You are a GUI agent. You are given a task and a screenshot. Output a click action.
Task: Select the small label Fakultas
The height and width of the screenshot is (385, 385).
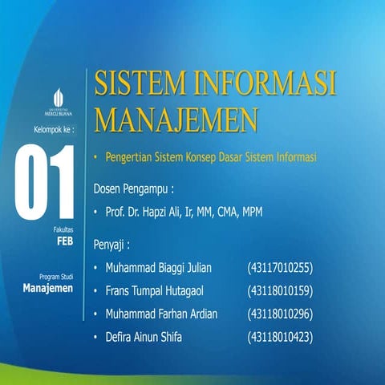click(63, 228)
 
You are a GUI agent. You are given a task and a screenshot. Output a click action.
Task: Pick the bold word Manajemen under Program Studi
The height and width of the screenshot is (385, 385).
click(49, 287)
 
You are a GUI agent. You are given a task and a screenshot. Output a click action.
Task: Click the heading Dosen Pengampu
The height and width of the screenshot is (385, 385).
click(134, 191)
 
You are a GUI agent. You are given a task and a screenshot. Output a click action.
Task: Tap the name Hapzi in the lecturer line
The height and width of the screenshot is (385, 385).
click(172, 212)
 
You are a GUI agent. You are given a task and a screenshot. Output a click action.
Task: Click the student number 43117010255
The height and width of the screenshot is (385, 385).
click(280, 266)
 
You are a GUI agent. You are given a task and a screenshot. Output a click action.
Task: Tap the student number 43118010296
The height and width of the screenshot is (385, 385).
click(280, 314)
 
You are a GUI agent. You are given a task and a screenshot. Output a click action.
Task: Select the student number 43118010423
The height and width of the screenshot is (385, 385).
click(280, 337)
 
